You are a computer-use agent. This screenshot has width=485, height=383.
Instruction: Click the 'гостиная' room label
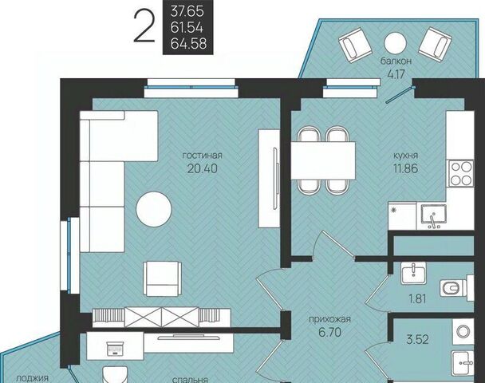203,156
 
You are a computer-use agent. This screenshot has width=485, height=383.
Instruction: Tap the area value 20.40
203,168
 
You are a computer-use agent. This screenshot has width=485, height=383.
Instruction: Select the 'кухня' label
405,156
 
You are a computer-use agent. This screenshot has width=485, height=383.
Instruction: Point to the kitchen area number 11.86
405,168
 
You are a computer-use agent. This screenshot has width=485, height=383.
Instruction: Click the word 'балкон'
396,61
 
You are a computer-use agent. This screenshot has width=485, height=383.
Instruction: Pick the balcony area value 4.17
396,74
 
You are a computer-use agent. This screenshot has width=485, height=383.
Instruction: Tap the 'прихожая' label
329,319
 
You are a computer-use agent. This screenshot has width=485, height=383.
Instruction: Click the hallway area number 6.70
329,332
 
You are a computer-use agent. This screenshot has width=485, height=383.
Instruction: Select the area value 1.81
417,299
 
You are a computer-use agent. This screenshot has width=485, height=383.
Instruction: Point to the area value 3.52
417,340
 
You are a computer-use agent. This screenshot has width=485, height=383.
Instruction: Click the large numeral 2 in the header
144,26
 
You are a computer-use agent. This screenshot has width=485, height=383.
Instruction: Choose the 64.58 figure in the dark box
188,44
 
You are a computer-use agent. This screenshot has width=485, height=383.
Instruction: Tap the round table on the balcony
395,43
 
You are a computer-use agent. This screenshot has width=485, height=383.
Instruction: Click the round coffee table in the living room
154,209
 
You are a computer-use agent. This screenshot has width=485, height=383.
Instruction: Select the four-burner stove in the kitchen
461,173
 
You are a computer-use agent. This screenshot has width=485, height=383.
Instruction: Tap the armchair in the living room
163,278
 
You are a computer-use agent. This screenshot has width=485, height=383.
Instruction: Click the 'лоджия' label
32,378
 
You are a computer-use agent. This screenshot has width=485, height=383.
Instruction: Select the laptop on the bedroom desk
115,348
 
